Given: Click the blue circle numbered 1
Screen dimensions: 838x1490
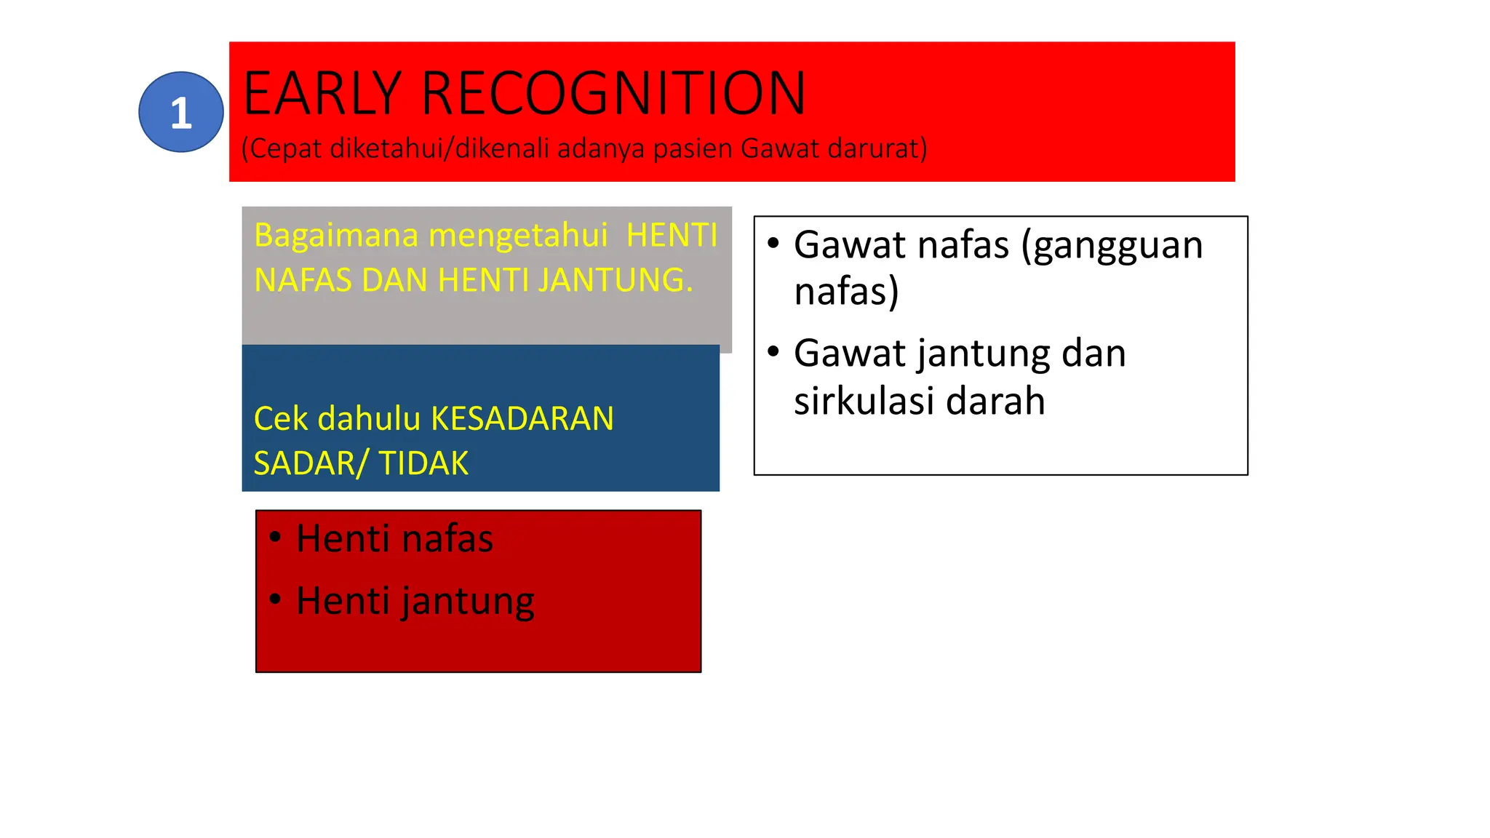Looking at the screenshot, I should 180,112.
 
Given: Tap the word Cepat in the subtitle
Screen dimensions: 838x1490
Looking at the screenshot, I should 284,148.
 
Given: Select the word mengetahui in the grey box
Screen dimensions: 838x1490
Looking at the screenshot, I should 517,236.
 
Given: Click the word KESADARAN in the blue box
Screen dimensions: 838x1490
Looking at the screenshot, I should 522,419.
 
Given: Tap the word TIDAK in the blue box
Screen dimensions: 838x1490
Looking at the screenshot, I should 423,463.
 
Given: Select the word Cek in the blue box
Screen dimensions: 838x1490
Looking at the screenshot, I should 281,419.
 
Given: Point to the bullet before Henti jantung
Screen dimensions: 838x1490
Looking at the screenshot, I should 275,599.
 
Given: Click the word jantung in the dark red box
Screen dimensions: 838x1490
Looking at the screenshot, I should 467,602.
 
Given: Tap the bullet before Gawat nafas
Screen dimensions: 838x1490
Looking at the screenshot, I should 773,243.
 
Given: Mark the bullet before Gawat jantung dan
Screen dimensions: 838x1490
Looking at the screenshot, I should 773,351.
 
